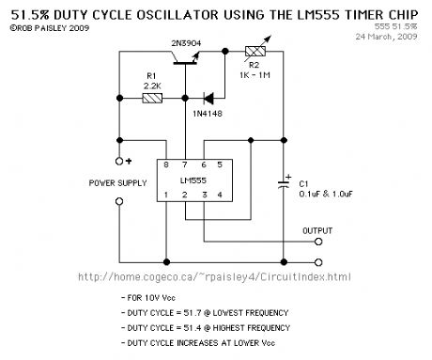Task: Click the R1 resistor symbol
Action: pos(152,99)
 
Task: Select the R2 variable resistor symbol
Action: pos(256,50)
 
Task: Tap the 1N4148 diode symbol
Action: pos(208,99)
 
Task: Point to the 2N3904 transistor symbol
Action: pos(186,58)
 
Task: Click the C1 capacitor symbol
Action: pos(284,183)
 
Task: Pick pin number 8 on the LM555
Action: pos(166,164)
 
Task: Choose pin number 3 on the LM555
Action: pos(205,195)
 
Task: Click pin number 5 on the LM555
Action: pos(220,164)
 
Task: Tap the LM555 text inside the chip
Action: pos(193,180)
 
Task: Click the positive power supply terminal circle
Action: pos(119,162)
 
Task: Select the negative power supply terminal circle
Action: pos(119,201)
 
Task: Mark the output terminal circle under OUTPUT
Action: pos(318,242)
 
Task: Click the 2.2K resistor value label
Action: pos(152,86)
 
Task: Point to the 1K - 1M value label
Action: pos(255,75)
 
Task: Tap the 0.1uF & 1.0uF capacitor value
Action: pos(326,194)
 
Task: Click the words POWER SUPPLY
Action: pos(117,183)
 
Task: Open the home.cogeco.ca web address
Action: pos(214,277)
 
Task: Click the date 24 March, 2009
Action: pos(386,37)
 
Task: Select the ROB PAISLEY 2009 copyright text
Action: pos(50,28)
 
